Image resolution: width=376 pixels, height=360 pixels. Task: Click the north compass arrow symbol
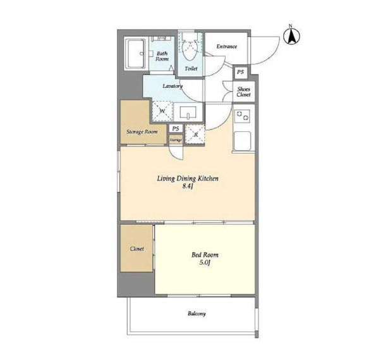click(x=291, y=36)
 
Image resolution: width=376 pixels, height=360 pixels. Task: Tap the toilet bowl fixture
click(x=190, y=50)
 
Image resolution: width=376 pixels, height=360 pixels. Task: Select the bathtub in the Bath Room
click(x=136, y=54)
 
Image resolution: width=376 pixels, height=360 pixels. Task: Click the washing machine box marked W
click(x=162, y=111)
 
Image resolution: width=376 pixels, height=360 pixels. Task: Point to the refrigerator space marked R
click(x=195, y=135)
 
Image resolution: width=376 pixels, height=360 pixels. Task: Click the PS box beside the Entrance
click(x=240, y=72)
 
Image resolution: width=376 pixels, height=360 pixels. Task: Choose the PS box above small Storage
click(x=176, y=129)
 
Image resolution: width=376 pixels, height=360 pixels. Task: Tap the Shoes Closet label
click(x=244, y=92)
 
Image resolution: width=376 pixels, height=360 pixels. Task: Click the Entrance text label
click(x=227, y=47)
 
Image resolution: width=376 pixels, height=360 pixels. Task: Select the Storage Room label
click(x=142, y=132)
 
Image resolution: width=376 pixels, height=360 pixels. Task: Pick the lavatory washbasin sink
click(x=188, y=112)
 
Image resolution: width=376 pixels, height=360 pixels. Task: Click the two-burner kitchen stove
click(x=243, y=116)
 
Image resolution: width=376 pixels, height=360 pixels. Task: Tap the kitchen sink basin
click(x=243, y=141)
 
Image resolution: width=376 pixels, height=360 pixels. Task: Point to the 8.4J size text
click(x=188, y=186)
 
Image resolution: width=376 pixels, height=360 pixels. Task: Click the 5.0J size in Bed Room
click(x=205, y=263)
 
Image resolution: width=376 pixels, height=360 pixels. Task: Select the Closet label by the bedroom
click(x=137, y=249)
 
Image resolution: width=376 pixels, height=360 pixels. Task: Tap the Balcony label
click(x=197, y=314)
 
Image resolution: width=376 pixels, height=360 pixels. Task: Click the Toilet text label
click(x=191, y=69)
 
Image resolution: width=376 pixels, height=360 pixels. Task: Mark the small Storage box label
click(x=176, y=140)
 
